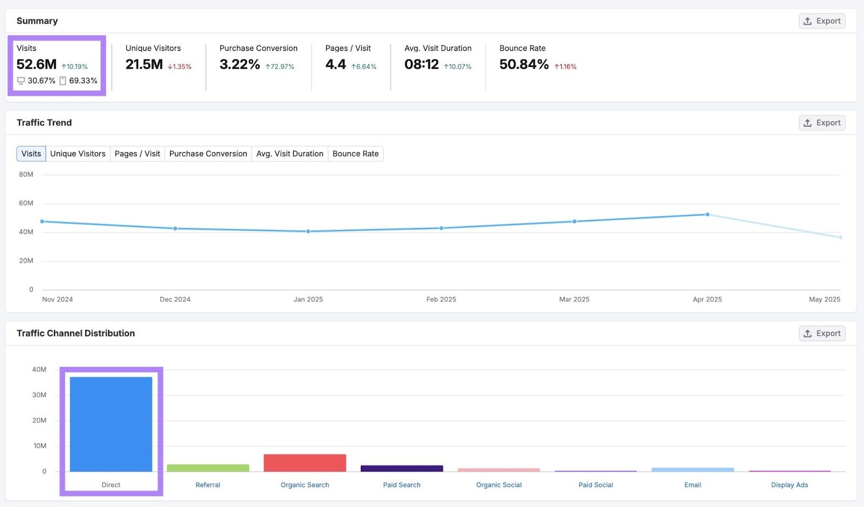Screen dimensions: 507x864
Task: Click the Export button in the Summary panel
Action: pyautogui.click(x=822, y=21)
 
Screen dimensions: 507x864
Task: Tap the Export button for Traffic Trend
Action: pyautogui.click(x=822, y=123)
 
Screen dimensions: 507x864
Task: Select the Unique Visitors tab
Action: pyautogui.click(x=78, y=154)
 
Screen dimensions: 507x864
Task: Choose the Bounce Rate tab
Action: pyautogui.click(x=355, y=154)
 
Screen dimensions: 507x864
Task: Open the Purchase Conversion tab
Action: pyautogui.click(x=208, y=154)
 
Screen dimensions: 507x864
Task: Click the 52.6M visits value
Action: pyautogui.click(x=36, y=65)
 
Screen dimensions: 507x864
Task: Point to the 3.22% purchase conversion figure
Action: pyautogui.click(x=240, y=65)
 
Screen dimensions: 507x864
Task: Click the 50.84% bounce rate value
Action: pyautogui.click(x=524, y=65)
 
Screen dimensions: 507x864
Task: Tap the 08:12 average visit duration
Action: pyautogui.click(x=421, y=65)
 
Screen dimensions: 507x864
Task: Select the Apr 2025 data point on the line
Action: pyautogui.click(x=707, y=215)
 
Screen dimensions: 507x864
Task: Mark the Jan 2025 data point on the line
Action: pyautogui.click(x=308, y=232)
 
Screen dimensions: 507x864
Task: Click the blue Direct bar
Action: pyautogui.click(x=111, y=424)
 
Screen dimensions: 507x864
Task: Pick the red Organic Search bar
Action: pyautogui.click(x=305, y=463)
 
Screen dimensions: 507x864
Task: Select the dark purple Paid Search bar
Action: pyautogui.click(x=402, y=469)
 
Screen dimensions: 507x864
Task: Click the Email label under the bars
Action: pyautogui.click(x=693, y=485)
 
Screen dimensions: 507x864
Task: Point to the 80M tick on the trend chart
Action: pyautogui.click(x=26, y=174)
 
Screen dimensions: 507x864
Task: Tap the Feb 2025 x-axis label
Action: pyautogui.click(x=441, y=300)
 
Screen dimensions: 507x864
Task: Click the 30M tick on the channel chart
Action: pyautogui.click(x=39, y=395)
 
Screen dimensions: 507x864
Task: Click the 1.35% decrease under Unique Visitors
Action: pyautogui.click(x=180, y=67)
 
